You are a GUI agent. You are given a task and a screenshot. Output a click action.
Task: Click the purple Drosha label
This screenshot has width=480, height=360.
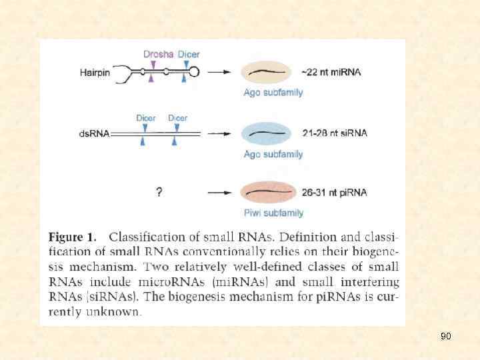(x=158, y=54)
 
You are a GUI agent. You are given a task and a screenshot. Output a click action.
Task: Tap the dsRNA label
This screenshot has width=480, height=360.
(x=94, y=133)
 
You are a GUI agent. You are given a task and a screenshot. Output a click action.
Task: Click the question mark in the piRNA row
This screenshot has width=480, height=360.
(x=159, y=193)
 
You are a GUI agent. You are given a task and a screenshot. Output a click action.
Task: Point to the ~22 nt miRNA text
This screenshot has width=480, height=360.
(x=331, y=72)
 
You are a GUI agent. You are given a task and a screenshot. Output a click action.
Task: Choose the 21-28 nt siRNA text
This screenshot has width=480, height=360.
(x=334, y=133)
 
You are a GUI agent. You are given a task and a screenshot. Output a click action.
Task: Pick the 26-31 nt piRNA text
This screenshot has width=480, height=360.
(x=334, y=193)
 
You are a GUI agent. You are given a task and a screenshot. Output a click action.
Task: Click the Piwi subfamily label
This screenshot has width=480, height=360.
(x=273, y=213)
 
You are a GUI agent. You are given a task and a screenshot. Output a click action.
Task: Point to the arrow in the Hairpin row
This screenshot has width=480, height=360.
(x=219, y=72)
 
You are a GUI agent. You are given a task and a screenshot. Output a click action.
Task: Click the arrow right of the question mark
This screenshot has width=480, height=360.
(x=219, y=193)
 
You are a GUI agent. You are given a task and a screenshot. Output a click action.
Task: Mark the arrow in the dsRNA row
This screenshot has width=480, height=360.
(x=219, y=133)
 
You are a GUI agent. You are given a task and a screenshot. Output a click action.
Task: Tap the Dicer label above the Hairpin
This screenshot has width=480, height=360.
(x=189, y=54)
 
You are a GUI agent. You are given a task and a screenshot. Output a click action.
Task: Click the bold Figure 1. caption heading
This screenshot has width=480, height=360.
(x=73, y=237)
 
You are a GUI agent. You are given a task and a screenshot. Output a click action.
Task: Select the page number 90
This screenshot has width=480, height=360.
(x=446, y=337)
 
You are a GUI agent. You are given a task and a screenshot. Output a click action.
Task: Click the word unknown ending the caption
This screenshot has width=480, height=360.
(x=117, y=311)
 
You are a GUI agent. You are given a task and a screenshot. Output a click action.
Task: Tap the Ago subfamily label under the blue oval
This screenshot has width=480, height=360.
(x=273, y=154)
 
